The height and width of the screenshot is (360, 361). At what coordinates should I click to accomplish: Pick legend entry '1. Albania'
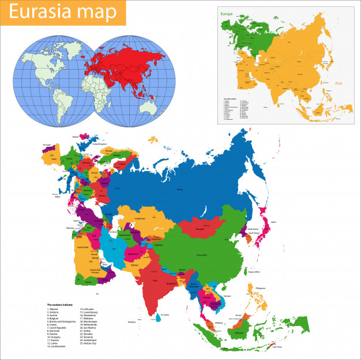coord(55,309)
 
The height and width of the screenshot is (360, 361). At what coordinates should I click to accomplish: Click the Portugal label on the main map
coord(47,144)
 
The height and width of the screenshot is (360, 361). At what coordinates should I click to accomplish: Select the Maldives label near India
coord(133,321)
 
